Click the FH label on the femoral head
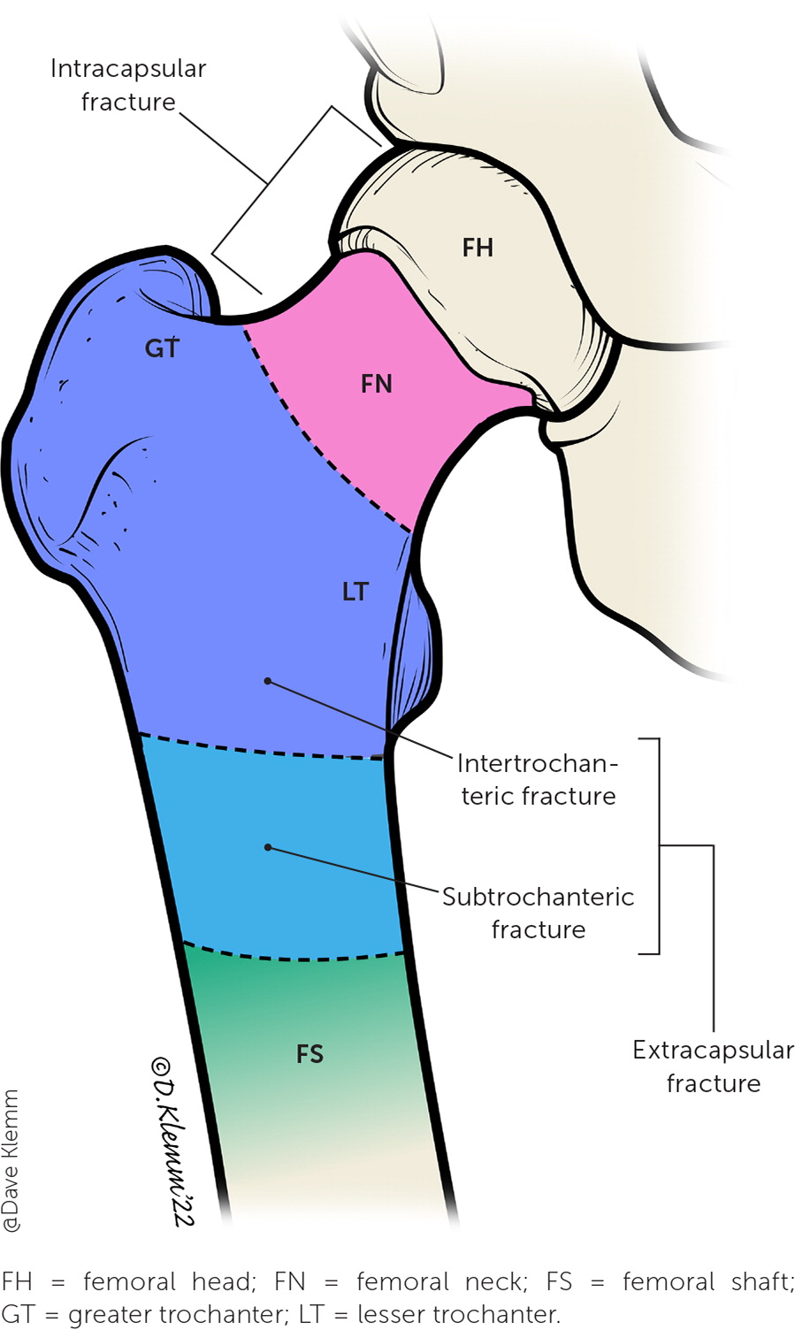tap(478, 248)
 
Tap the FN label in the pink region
tap(377, 384)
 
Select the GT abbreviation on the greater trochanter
tap(162, 348)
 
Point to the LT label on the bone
tap(355, 592)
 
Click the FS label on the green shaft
tap(310, 1054)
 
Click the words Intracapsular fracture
tap(127, 86)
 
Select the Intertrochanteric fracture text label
tap(538, 780)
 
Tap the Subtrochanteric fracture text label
tap(538, 913)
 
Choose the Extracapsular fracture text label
tap(713, 1066)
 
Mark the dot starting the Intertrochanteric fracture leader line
tap(267, 681)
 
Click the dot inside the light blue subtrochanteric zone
tap(268, 847)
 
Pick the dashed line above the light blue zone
tap(261, 750)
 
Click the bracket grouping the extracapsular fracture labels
tap(659, 845)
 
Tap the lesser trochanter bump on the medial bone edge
tap(416, 654)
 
